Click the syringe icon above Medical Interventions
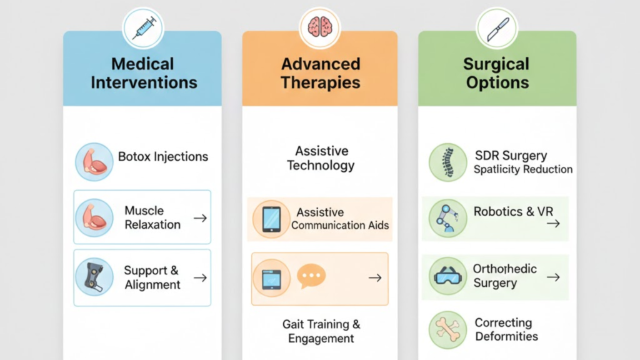point(143,28)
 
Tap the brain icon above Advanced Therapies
point(319,27)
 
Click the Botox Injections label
point(163,156)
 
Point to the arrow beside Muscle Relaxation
point(200,218)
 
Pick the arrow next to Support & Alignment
point(200,278)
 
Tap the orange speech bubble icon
point(311,276)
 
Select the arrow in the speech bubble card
point(375,278)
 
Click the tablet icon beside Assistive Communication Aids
point(271,219)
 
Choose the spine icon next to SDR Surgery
point(448,162)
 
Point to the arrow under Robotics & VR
point(553,223)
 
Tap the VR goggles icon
point(447,276)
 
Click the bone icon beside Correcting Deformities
point(447,329)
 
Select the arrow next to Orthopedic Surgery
point(553,277)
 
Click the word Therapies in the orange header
point(321,83)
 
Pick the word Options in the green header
point(497,83)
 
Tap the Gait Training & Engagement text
point(321,331)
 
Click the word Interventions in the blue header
point(144,82)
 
